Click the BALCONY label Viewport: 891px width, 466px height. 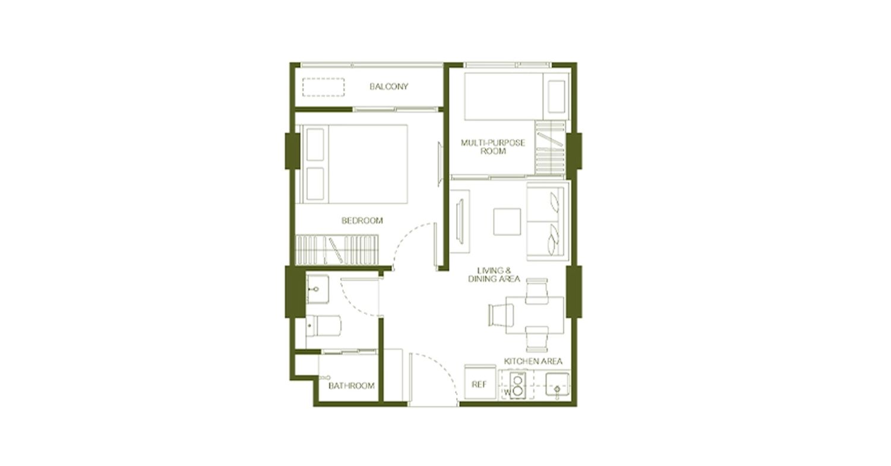click(388, 86)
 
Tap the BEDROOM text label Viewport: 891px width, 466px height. click(362, 221)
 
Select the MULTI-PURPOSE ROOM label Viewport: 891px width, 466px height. click(493, 147)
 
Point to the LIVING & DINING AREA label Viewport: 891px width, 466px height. click(494, 275)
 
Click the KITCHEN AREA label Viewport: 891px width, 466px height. click(533, 361)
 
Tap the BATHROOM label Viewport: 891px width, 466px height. click(352, 386)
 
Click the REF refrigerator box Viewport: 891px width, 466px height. click(480, 382)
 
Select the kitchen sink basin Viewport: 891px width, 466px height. click(557, 385)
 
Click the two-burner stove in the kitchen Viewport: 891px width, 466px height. click(517, 385)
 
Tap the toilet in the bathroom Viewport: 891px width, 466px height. click(323, 326)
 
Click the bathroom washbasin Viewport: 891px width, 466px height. click(317, 289)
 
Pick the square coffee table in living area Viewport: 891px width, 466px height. click(507, 222)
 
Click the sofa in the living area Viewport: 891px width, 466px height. click(548, 221)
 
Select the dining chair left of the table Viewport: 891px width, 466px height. click(501, 315)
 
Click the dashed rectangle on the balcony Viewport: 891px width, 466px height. click(323, 87)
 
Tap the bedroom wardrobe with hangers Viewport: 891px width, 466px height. click(337, 250)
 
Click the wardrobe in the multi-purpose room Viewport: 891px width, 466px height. click(550, 147)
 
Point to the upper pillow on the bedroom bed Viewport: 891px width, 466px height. click(315, 144)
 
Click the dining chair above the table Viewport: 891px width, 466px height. click(537, 291)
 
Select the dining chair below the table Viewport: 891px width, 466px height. click(537, 339)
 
